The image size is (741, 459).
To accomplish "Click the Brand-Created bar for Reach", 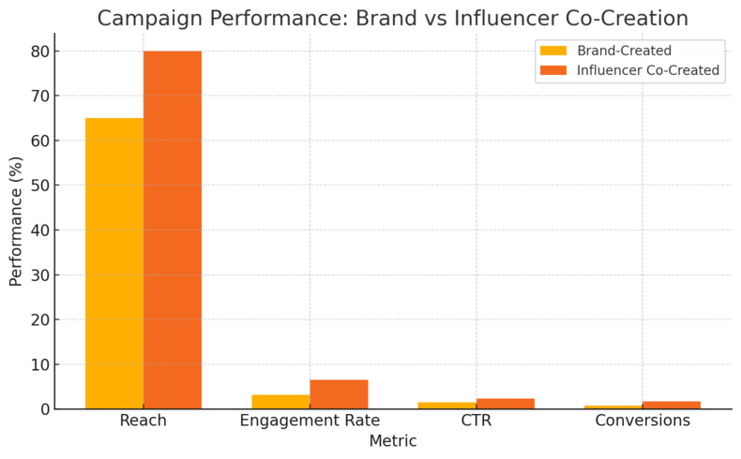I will tap(114, 263).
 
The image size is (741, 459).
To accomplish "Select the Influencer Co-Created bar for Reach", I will tap(173, 229).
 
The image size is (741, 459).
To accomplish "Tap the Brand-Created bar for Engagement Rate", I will tap(280, 402).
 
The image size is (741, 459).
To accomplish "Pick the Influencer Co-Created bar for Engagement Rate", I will tap(339, 394).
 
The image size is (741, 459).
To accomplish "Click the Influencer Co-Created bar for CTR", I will tap(505, 404).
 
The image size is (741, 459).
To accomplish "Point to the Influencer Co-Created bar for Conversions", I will tap(672, 405).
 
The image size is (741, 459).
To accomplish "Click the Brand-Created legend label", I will tap(624, 51).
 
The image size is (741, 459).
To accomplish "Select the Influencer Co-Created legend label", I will tap(647, 70).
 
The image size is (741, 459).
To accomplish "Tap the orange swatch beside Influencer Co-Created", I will tap(553, 70).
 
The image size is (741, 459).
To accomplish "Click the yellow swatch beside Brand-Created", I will tap(553, 51).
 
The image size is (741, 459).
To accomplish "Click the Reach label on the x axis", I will tap(144, 421).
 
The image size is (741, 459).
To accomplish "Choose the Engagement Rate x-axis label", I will tap(310, 421).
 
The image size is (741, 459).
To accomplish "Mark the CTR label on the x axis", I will tap(476, 421).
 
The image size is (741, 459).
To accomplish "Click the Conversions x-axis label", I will tap(643, 421).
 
